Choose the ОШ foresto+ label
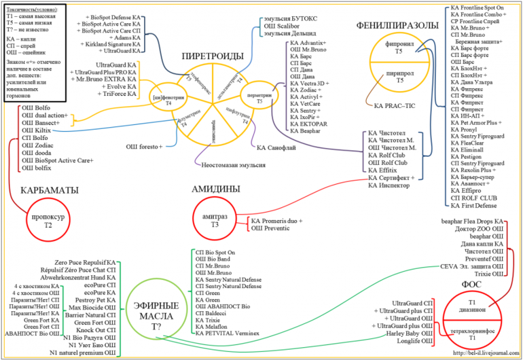point(143,146)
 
